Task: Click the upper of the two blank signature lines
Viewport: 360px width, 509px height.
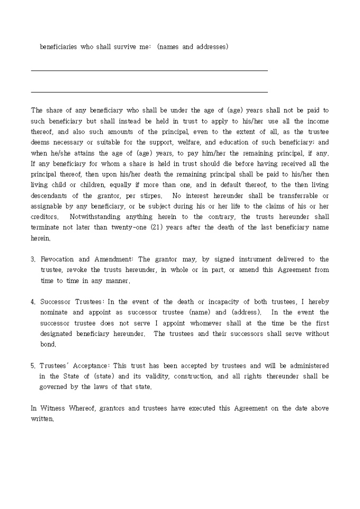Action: [x=149, y=70]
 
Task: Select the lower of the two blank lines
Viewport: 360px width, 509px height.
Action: [x=149, y=92]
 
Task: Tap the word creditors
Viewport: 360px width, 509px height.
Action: [x=44, y=216]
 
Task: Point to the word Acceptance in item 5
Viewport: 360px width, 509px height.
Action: [x=91, y=366]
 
